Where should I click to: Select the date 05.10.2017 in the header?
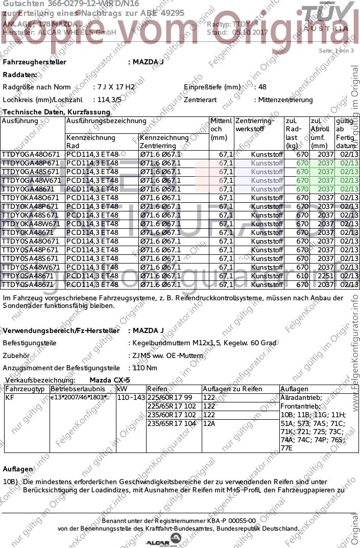(x=250, y=32)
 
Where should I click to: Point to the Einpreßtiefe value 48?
(x=262, y=87)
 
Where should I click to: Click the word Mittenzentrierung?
(x=285, y=100)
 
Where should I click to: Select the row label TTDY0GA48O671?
(x=31, y=154)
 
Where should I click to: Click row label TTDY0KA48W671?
(x=31, y=224)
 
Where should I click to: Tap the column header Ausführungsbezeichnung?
(x=106, y=121)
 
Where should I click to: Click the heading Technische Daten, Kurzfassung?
(x=56, y=112)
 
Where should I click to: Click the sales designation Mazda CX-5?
(x=109, y=380)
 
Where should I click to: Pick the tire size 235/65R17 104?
(x=171, y=423)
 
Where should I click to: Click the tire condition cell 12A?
(x=209, y=423)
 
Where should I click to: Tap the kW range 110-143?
(x=131, y=397)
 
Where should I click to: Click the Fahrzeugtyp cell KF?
(x=10, y=397)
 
